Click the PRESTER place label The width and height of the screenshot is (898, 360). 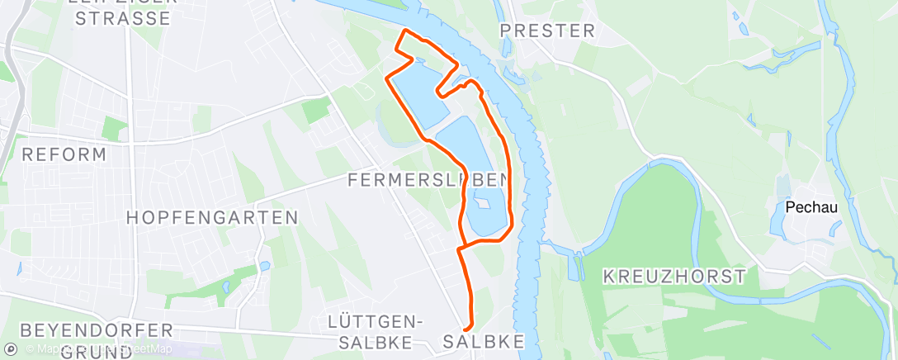pyautogui.click(x=548, y=31)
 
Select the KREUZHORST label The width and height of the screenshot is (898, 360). pyautogui.click(x=674, y=276)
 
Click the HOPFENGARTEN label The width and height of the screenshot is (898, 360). pyautogui.click(x=212, y=218)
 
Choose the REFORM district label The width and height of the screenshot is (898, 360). pyautogui.click(x=64, y=154)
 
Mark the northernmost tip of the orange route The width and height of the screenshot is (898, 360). pyautogui.click(x=404, y=31)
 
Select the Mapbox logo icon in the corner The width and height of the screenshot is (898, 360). pyautogui.click(x=11, y=349)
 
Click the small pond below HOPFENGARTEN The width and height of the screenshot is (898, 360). pyautogui.click(x=263, y=266)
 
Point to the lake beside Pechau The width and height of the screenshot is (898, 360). pyautogui.click(x=780, y=217)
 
